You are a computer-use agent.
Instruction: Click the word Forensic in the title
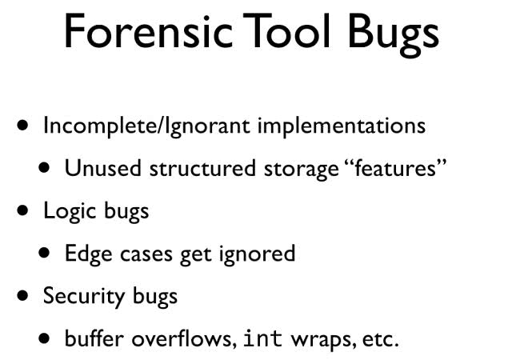tap(148, 31)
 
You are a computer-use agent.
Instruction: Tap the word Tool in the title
tap(286, 30)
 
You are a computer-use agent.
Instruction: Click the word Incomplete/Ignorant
tap(146, 126)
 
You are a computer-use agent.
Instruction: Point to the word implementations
tap(342, 126)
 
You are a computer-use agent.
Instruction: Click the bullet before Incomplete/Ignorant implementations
tap(22, 126)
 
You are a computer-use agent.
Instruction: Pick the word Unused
tap(103, 168)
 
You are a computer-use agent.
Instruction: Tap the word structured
tap(202, 168)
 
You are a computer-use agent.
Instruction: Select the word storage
tap(301, 170)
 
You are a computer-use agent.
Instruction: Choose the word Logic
tap(70, 211)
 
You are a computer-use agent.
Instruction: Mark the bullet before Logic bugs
tap(22, 210)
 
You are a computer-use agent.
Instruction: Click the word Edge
tap(88, 254)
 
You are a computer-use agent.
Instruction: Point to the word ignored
tap(257, 254)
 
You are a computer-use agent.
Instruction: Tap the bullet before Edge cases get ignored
tap(44, 253)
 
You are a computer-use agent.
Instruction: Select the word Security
tap(83, 297)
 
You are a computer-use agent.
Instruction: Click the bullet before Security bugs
tap(22, 295)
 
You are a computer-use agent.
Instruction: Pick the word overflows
tap(184, 338)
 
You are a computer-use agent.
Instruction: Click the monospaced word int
tap(263, 338)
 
